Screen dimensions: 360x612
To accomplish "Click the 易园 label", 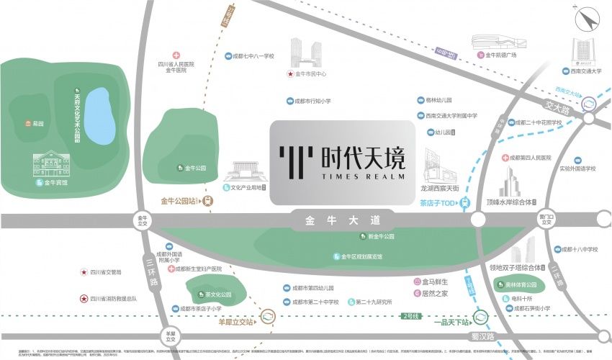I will (x=35, y=123).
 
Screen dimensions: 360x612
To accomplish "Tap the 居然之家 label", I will (x=435, y=293).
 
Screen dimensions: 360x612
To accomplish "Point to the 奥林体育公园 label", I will (x=523, y=286).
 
